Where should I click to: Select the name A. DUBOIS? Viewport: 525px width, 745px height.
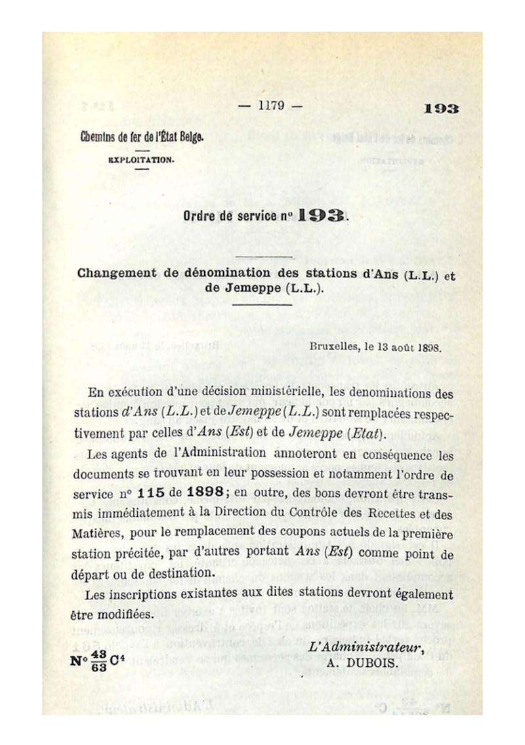click(x=362, y=663)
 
